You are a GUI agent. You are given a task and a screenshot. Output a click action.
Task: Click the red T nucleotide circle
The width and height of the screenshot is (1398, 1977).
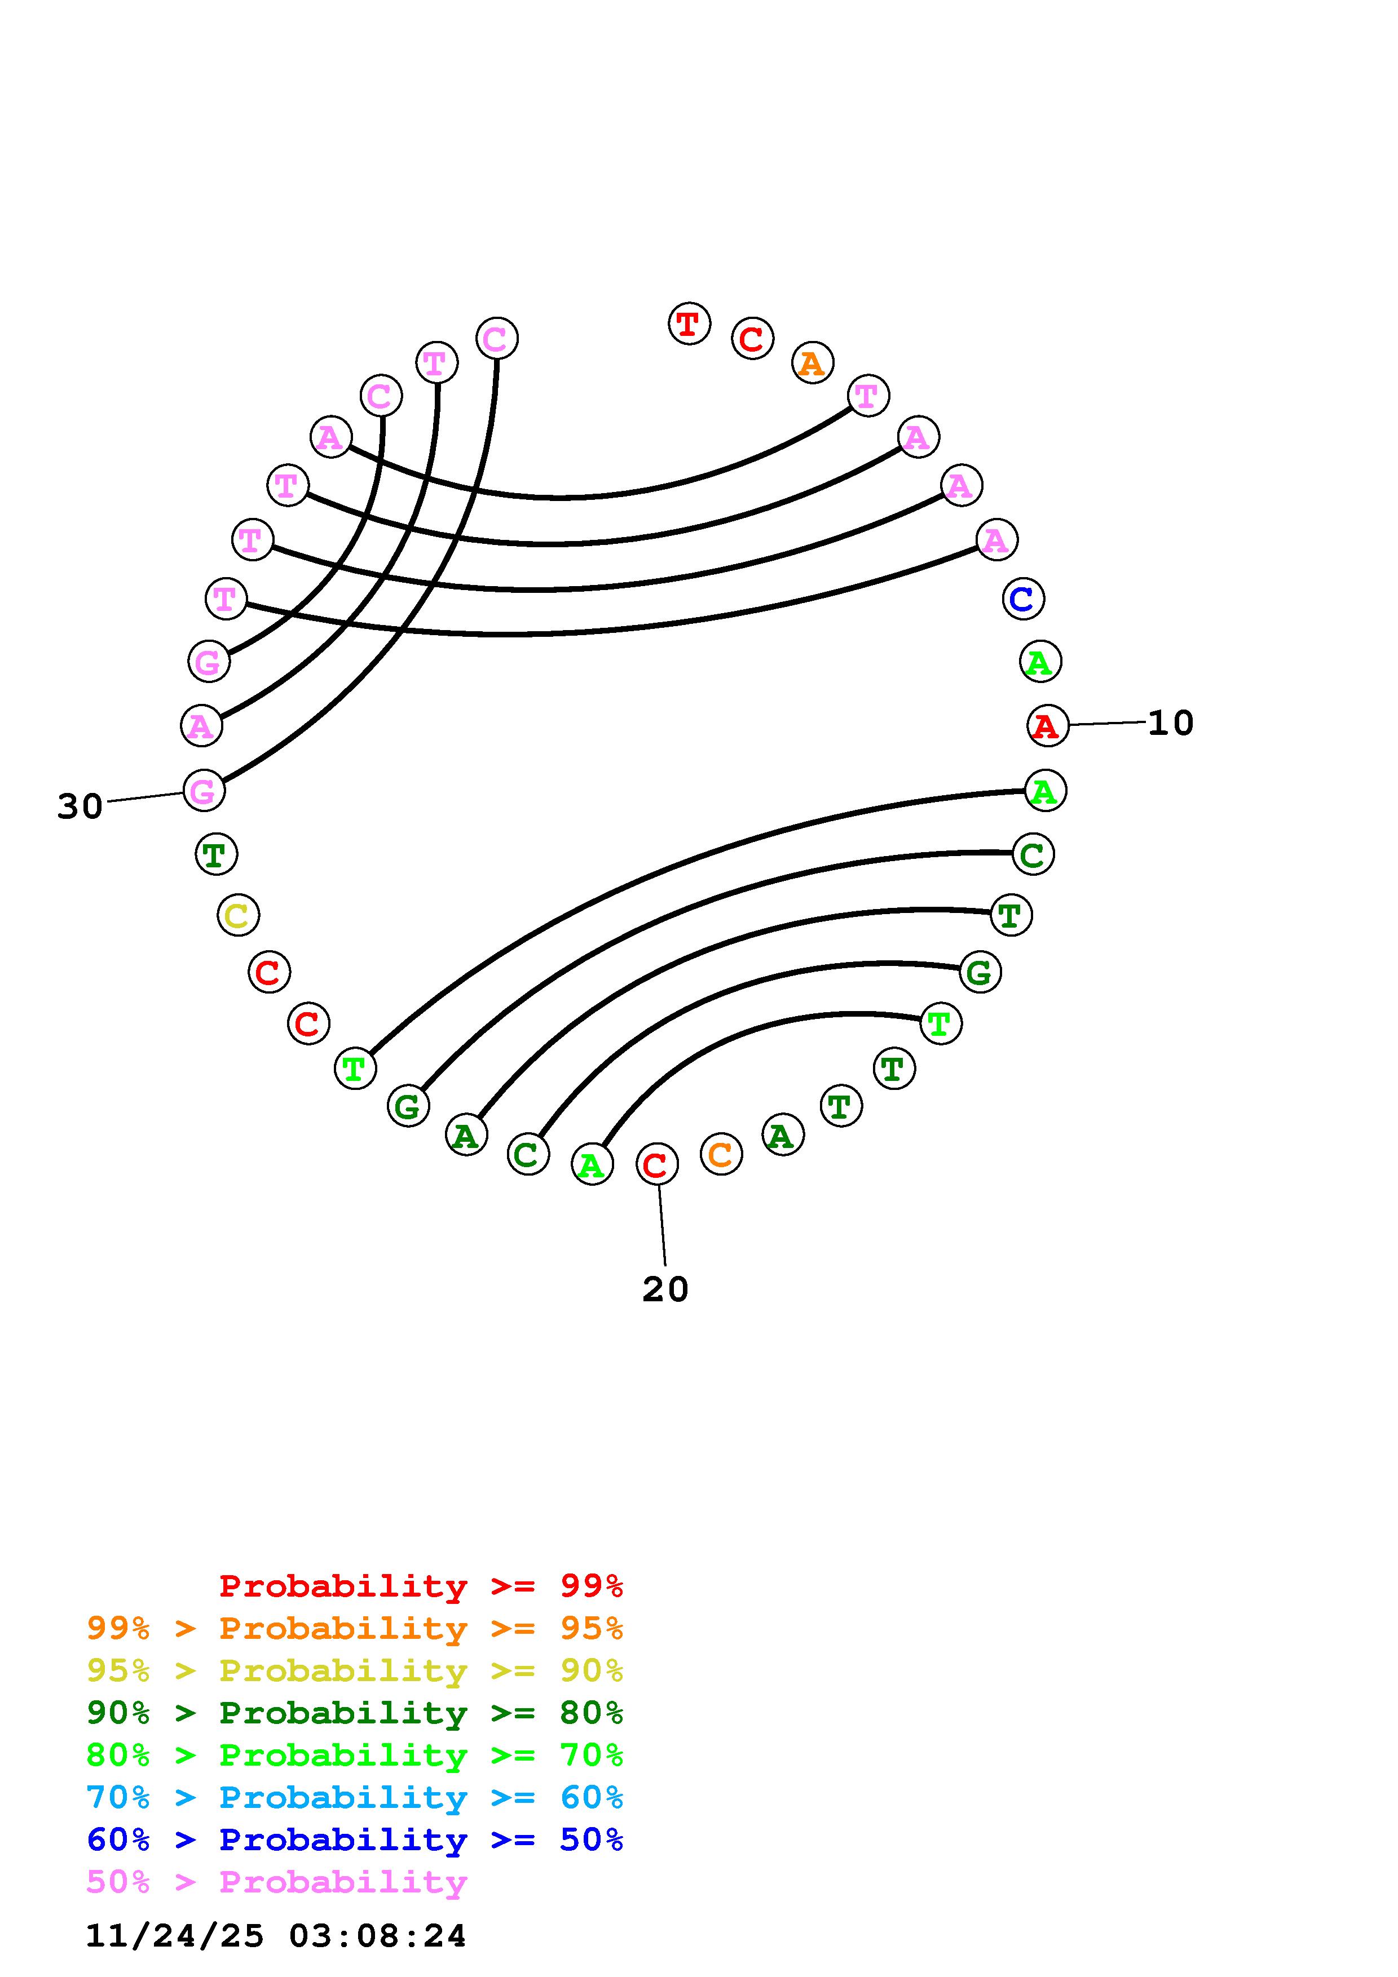click(689, 325)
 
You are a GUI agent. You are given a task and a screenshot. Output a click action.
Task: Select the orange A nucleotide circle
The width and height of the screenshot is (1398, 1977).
click(812, 364)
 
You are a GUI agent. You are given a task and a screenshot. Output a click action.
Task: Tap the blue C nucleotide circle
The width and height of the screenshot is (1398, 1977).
click(1024, 599)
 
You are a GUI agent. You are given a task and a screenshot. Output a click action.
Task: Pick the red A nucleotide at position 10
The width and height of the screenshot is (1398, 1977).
click(1047, 726)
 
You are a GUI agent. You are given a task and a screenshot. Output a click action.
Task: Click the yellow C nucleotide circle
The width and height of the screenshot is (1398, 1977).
click(238, 915)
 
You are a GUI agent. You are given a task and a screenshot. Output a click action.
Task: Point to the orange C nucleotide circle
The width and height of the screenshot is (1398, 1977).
click(721, 1155)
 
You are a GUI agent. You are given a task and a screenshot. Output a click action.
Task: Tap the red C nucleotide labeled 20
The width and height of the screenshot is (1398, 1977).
click(657, 1165)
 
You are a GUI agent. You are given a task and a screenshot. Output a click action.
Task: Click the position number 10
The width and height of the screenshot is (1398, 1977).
click(1171, 723)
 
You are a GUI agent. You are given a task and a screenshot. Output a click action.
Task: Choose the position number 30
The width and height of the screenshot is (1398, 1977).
click(80, 807)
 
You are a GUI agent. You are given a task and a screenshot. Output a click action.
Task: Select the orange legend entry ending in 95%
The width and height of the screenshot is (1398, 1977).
click(355, 1628)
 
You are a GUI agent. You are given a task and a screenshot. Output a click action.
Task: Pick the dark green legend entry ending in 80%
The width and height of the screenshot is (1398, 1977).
click(355, 1713)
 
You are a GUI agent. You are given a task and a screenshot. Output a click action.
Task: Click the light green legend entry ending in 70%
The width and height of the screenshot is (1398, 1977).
click(355, 1755)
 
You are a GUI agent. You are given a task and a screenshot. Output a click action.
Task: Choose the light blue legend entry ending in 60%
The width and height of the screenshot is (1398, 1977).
click(355, 1797)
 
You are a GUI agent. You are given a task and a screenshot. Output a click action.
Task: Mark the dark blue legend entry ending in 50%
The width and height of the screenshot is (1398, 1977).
click(355, 1839)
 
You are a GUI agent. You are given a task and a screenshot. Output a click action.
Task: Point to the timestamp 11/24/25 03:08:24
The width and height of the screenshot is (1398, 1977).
click(276, 1936)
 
